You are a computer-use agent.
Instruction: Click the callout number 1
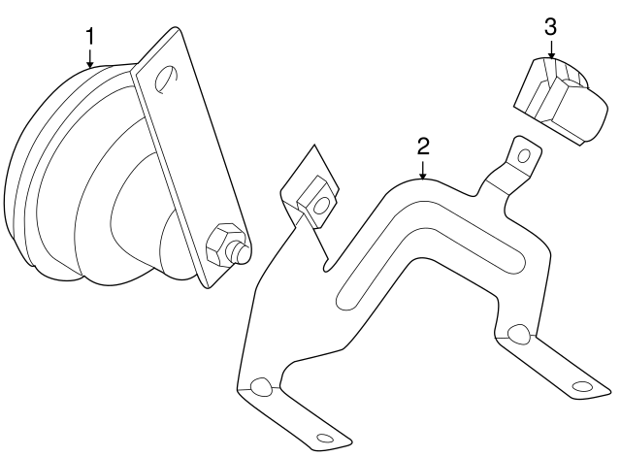[90, 37]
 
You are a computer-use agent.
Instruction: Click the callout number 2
[423, 147]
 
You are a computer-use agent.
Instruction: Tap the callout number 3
[550, 26]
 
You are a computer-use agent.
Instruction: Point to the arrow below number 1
[90, 59]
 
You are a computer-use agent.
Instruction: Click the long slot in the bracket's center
[432, 259]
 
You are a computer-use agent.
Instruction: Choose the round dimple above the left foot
[260, 388]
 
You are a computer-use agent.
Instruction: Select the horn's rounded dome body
[78, 175]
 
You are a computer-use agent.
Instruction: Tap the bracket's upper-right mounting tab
[514, 165]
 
